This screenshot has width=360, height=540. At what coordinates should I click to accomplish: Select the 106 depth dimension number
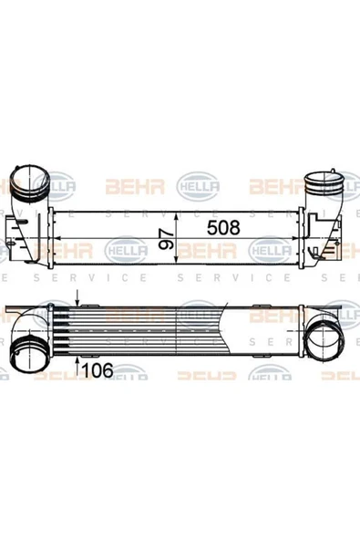(x=99, y=369)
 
